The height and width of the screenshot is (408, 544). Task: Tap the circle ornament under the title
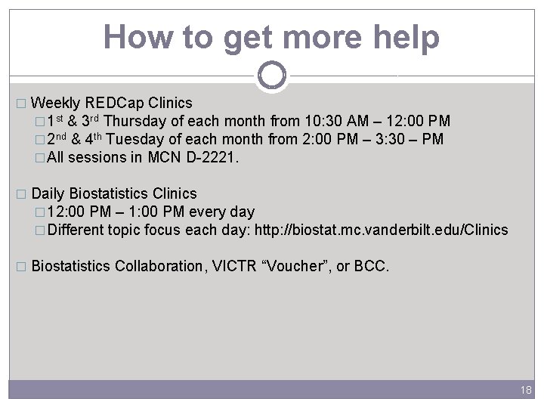click(272, 75)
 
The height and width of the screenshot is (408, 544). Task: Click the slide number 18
click(526, 389)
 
